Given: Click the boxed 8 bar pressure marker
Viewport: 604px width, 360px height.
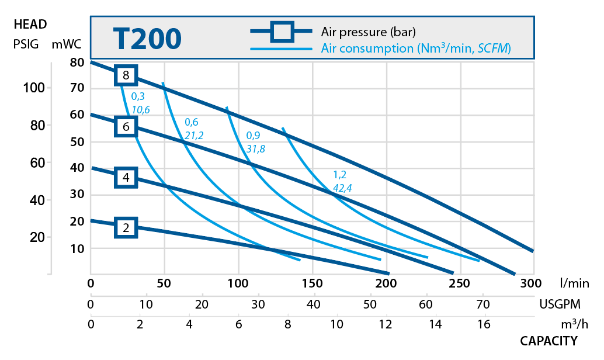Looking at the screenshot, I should coord(126,75).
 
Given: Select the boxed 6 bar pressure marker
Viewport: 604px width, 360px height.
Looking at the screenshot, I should coord(126,126).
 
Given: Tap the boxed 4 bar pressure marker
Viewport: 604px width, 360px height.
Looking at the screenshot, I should coord(126,177).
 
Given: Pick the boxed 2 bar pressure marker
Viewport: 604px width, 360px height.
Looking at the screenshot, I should coord(126,227).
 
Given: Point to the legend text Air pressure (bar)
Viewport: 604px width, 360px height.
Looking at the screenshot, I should coord(368,32).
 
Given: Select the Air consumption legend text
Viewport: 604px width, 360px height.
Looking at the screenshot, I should coord(416,49).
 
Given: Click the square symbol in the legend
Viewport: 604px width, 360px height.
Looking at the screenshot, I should coord(282,32).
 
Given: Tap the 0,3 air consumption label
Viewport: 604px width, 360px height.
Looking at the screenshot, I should coord(138,96).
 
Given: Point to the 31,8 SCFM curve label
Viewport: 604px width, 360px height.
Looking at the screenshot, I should coord(255,148).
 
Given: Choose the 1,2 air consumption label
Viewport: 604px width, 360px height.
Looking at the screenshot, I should coord(340,174).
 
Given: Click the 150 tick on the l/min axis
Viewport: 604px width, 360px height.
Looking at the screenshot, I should coord(313,284).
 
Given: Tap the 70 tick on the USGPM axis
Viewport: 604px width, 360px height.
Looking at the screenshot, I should coord(482,304).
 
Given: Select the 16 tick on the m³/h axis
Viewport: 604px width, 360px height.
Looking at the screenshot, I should coord(484,324).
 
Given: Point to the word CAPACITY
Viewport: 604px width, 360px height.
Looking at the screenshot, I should coord(549,341).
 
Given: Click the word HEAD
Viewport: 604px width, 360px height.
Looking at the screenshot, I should coord(30,25).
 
